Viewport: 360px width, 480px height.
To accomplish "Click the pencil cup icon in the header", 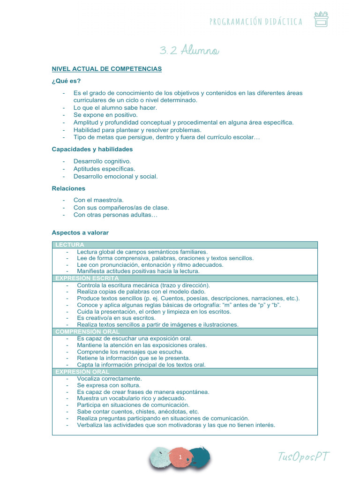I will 321,19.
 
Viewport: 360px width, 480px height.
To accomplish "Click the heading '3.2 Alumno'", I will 187,50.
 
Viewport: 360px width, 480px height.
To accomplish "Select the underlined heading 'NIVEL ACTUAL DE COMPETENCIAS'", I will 106,69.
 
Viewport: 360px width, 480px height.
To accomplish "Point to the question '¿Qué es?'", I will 63,81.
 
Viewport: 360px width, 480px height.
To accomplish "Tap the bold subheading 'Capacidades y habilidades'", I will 92,149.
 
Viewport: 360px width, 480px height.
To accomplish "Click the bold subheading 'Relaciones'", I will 68,188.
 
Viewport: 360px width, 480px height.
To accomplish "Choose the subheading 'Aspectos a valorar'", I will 80,232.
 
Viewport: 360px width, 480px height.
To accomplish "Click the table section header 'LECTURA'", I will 70,245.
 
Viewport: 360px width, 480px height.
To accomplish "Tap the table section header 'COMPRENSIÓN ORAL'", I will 88,331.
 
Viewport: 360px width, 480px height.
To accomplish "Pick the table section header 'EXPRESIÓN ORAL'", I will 82,372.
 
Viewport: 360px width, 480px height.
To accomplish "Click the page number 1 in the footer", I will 180,457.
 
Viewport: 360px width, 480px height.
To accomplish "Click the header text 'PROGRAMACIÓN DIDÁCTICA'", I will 255,22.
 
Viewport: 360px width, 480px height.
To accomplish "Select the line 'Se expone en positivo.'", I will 105,115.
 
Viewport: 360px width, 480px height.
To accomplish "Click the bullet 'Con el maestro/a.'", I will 98,200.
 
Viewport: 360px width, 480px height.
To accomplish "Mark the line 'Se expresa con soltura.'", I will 108,385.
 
